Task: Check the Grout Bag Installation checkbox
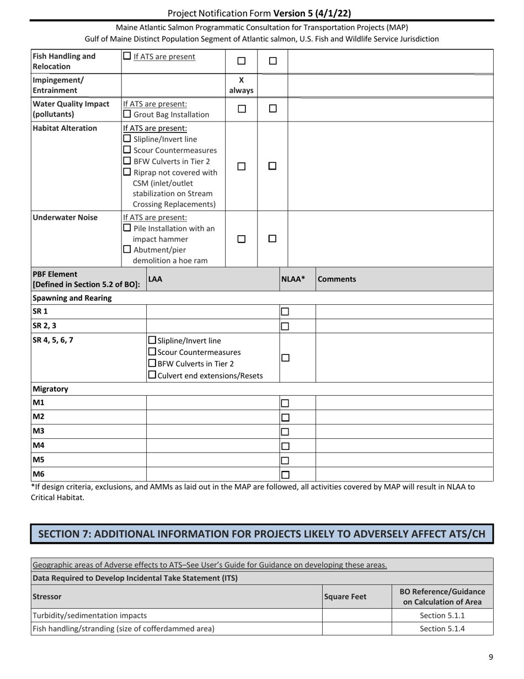(127, 115)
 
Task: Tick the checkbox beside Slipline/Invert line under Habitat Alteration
(127, 139)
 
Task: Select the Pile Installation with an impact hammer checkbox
(127, 228)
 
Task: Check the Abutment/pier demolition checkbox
(127, 250)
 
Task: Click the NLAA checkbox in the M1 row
(285, 404)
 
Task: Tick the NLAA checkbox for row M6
(285, 474)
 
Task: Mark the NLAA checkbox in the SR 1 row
(285, 312)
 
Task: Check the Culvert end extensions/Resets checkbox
(153, 376)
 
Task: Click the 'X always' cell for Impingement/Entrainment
(240, 84)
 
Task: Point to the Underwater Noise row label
(65, 218)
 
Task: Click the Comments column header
(336, 279)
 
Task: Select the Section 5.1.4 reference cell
(442, 628)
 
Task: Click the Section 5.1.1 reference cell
(442, 615)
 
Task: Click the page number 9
(490, 657)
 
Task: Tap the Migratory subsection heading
(50, 389)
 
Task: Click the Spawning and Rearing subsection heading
(72, 298)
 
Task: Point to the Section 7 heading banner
(261, 534)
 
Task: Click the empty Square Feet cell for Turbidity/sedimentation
(356, 615)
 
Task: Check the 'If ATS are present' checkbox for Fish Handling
(127, 56)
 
